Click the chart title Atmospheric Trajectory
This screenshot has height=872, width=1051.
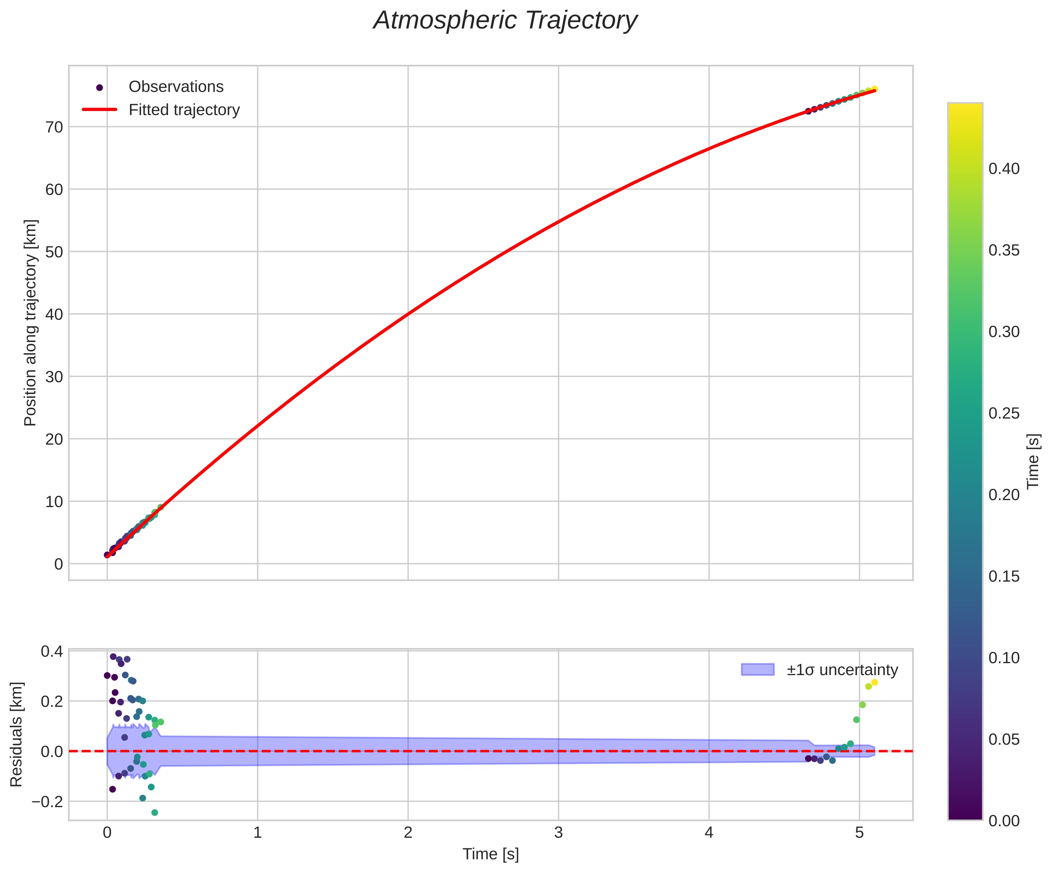pyautogui.click(x=505, y=21)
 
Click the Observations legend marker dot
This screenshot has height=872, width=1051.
pyautogui.click(x=100, y=88)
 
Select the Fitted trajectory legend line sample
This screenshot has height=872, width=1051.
pyautogui.click(x=100, y=109)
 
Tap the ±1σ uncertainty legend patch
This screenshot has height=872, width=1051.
pyautogui.click(x=757, y=670)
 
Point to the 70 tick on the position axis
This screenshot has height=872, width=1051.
pyautogui.click(x=55, y=127)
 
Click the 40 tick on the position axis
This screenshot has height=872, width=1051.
pyautogui.click(x=55, y=314)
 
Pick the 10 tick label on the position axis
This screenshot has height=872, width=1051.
pyautogui.click(x=55, y=502)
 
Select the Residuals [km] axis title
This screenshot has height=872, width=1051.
pyautogui.click(x=17, y=734)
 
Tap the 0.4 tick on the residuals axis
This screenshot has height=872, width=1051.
pyautogui.click(x=52, y=652)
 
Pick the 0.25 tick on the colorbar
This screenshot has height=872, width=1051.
pyautogui.click(x=1004, y=413)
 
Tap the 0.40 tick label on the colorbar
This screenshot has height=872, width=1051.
pyautogui.click(x=1004, y=169)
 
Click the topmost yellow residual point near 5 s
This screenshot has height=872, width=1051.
pyautogui.click(x=874, y=682)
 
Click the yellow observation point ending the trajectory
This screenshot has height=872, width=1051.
pyautogui.click(x=874, y=89)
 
